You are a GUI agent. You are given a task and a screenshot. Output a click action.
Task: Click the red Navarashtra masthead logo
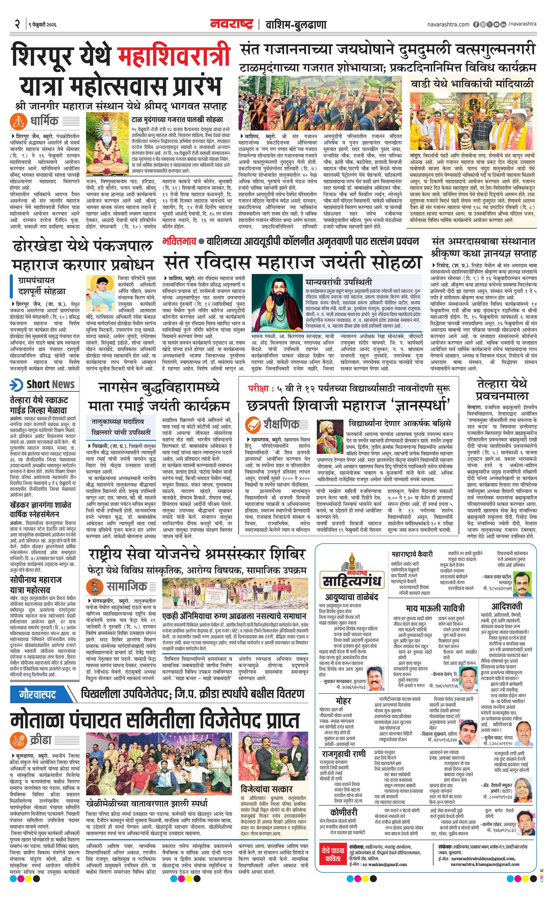tap(231, 24)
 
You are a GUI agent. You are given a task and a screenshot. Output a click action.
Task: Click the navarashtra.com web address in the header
tap(448, 24)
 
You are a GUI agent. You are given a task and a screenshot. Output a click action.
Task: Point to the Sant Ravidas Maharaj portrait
tap(277, 303)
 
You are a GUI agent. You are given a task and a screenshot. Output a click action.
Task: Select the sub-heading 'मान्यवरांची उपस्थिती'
tap(339, 282)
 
